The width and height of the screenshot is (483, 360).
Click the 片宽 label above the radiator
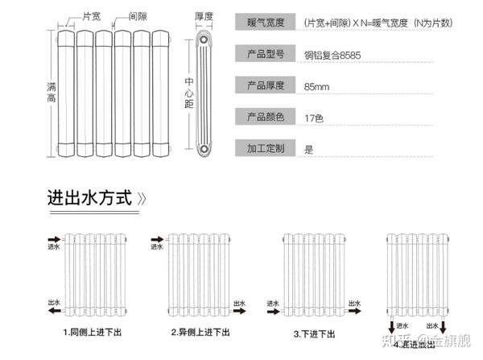coord(92,15)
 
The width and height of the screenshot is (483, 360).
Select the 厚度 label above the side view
coord(204,16)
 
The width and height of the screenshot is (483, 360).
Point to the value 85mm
coord(316,85)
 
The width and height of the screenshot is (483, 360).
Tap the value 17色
coord(313,118)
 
